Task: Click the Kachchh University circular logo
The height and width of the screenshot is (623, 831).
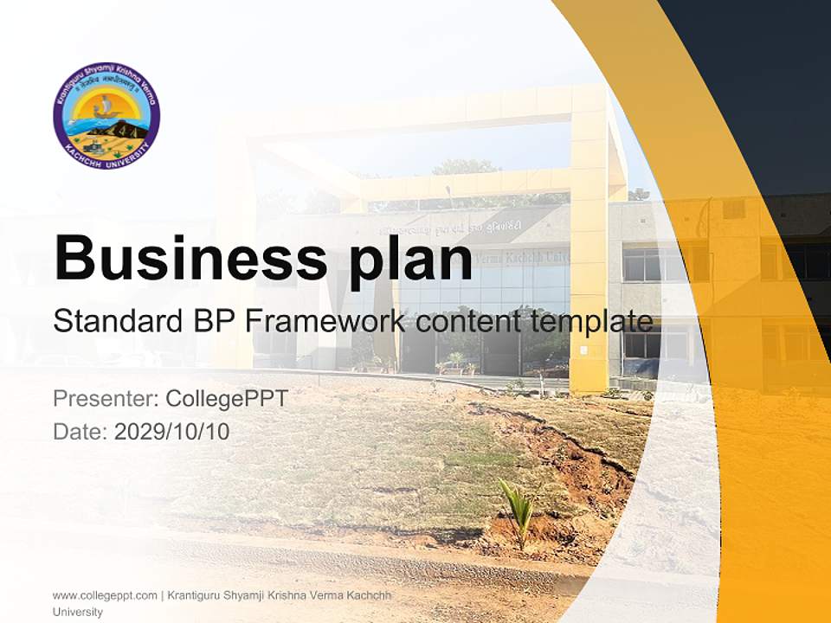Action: [x=106, y=116]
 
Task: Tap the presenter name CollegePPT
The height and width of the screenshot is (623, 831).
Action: [x=226, y=399]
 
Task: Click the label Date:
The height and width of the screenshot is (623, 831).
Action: [x=81, y=431]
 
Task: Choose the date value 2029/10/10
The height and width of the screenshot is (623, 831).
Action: [x=172, y=431]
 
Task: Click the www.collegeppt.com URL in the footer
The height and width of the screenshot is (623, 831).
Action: [x=105, y=595]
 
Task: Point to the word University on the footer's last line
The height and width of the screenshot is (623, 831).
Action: [x=77, y=612]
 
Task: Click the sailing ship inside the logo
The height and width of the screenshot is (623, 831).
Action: [x=105, y=106]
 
